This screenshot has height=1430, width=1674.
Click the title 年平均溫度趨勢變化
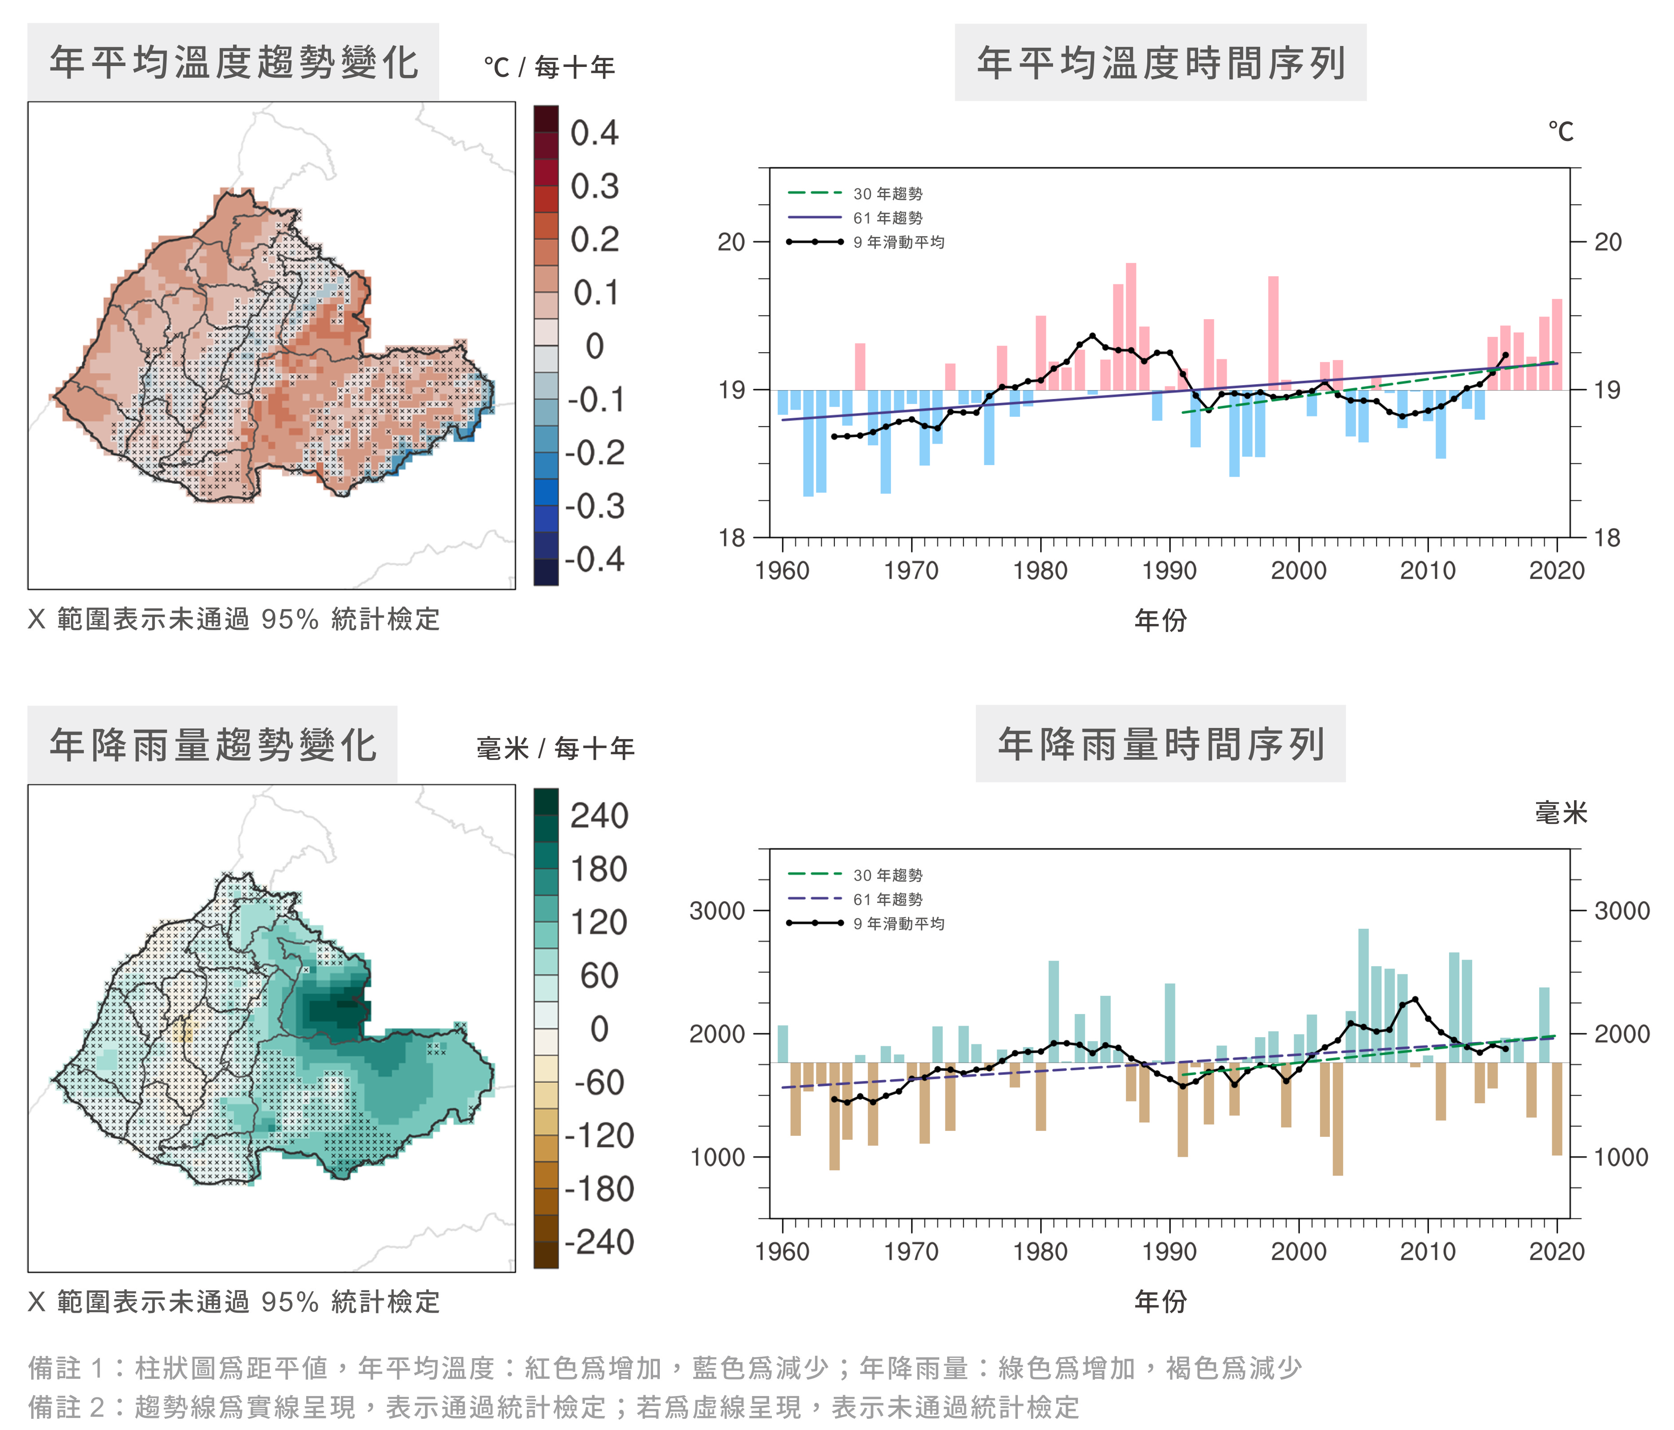tap(233, 62)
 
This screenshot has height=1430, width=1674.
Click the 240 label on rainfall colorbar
tap(599, 816)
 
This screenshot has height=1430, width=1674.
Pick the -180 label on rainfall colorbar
tap(599, 1189)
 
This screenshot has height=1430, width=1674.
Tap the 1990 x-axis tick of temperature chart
tap(1169, 570)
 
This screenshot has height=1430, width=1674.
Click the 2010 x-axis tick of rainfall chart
tap(1428, 1251)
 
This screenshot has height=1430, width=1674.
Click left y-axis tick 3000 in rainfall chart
tap(716, 910)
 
